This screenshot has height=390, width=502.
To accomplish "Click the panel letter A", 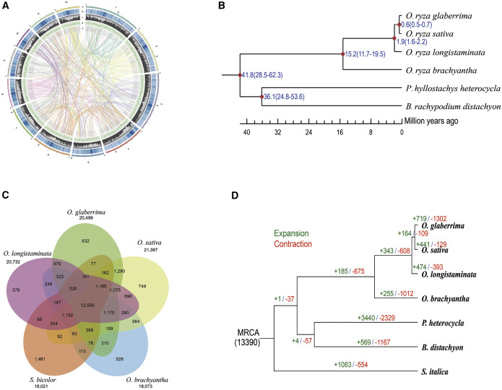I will (5, 6).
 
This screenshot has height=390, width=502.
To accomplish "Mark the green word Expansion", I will (310, 213).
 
